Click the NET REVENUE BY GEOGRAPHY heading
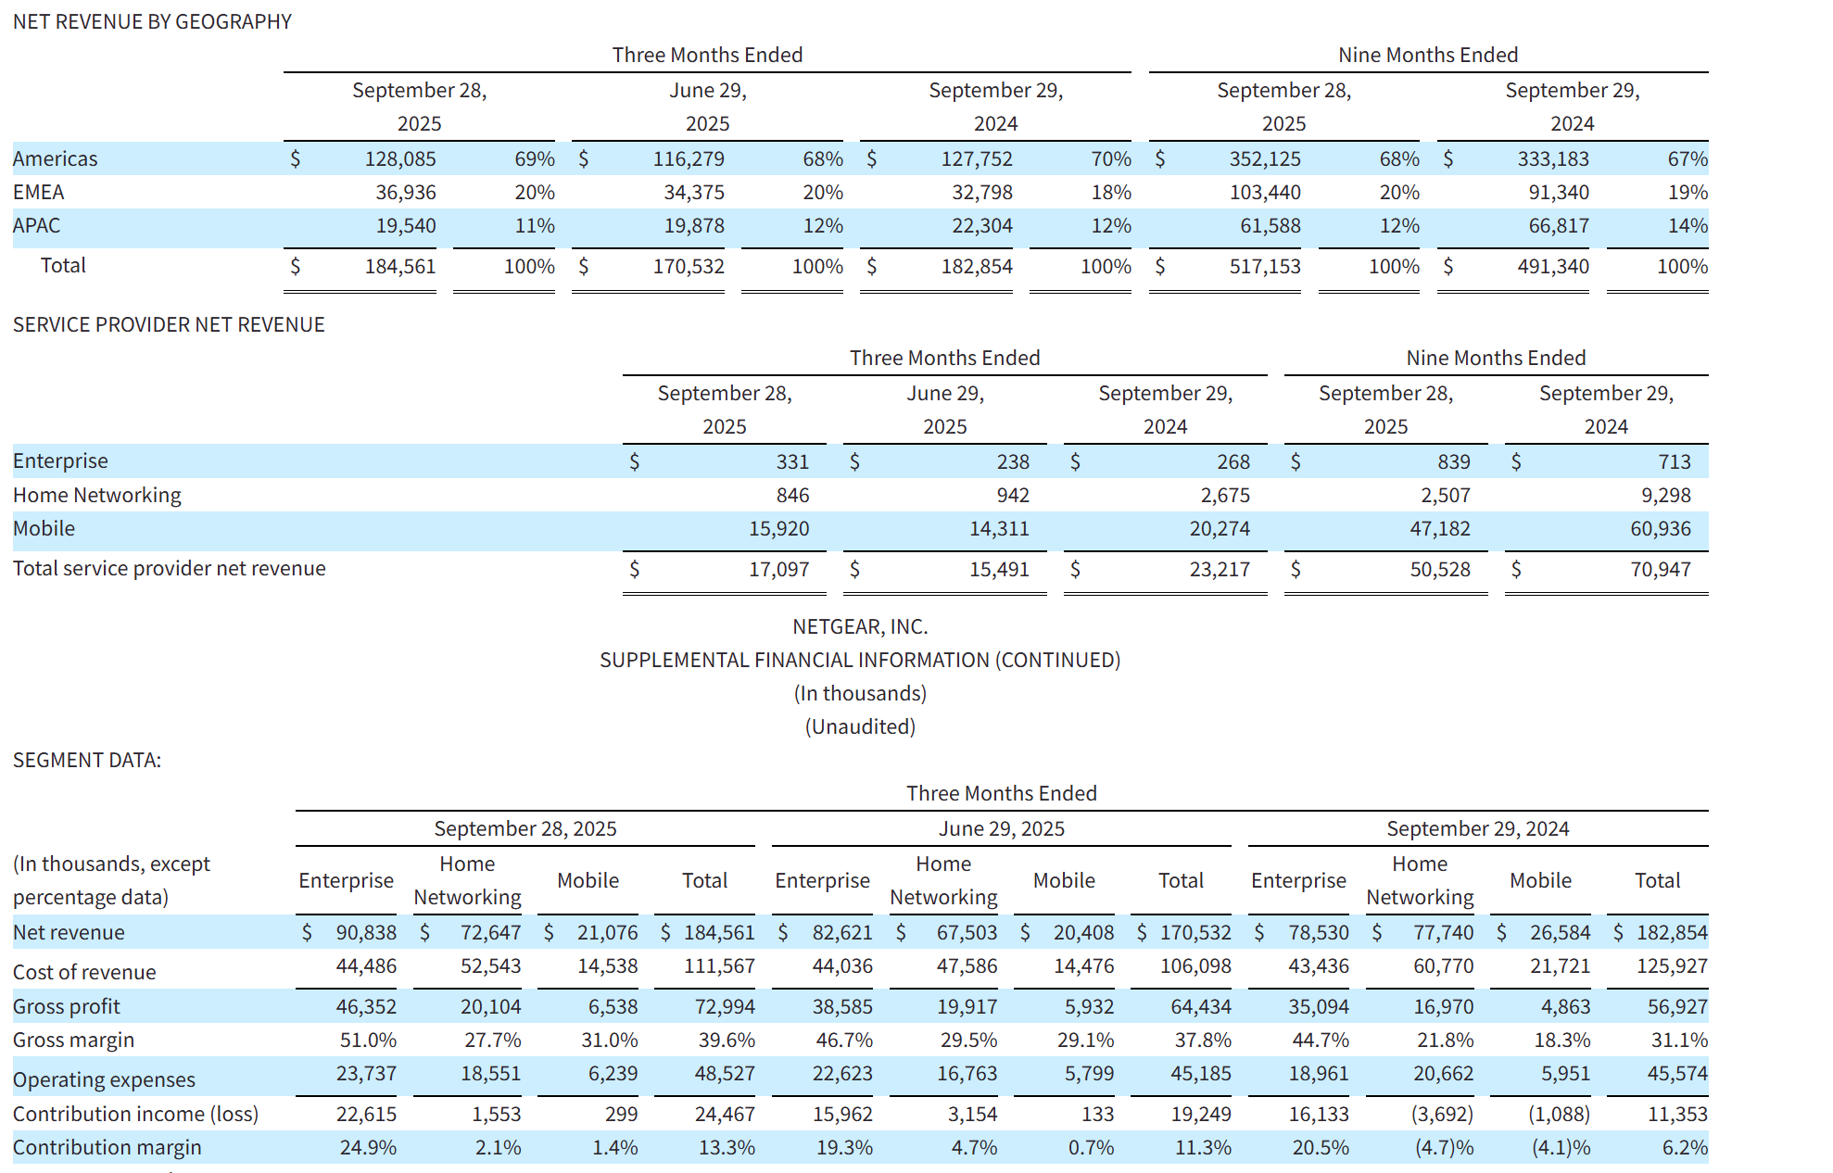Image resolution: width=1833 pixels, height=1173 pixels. pos(152,21)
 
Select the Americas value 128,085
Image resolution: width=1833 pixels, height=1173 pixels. pos(400,158)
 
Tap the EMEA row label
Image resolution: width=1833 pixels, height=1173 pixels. pos(39,192)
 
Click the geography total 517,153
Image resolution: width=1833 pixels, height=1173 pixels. pos(1265,266)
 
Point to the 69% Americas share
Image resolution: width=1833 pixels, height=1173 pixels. pos(535,158)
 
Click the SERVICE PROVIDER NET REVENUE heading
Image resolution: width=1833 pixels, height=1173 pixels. pos(169,324)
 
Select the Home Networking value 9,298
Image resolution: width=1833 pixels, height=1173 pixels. pos(1666,495)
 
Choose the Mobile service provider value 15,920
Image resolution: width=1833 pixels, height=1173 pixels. pos(779,528)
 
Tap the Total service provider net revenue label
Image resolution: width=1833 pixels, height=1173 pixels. pos(170,568)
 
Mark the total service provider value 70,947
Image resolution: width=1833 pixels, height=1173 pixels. pos(1661,569)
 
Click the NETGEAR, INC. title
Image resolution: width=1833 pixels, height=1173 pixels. pos(860,626)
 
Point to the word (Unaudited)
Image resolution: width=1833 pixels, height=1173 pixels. pos(860,726)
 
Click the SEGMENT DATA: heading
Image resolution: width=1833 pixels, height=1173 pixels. pos(87,760)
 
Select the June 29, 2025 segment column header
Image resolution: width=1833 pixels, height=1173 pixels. pos(1002,828)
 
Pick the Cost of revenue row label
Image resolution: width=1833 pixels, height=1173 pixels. pos(84,972)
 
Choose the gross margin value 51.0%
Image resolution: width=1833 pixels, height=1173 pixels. pos(368,1040)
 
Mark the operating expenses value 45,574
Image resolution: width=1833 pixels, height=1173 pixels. pos(1677,1073)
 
